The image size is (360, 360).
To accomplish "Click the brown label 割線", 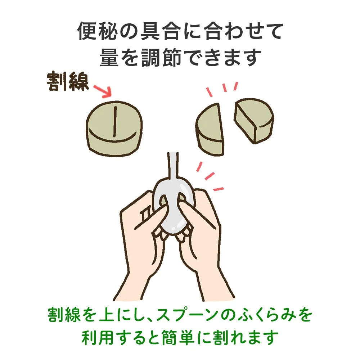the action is [x=68, y=82].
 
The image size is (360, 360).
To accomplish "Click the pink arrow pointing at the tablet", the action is [x=103, y=91].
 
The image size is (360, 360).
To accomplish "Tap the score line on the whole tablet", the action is [x=115, y=121].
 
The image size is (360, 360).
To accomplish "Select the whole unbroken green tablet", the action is [x=114, y=129].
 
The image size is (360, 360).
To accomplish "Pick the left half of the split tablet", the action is [x=210, y=130].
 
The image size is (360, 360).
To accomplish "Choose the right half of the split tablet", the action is [x=254, y=120].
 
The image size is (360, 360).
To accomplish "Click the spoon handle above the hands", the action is [x=174, y=165].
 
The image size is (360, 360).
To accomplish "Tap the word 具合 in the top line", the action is [x=159, y=31].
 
